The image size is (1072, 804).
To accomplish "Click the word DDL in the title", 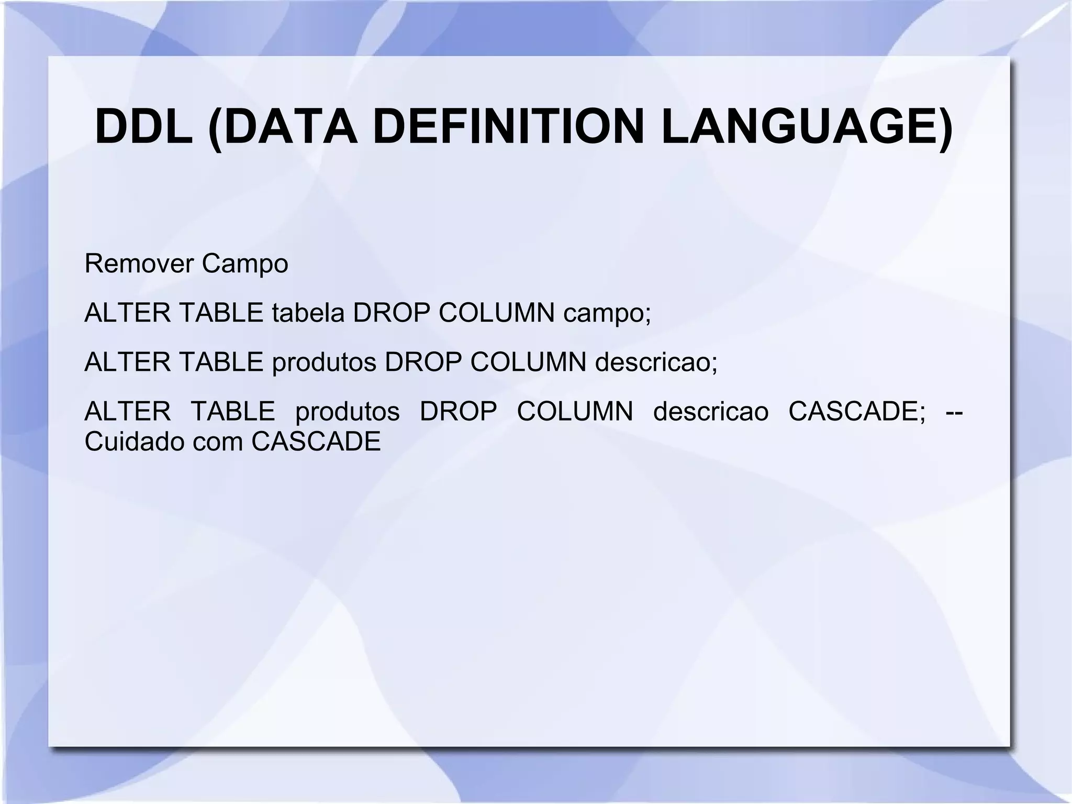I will coord(143,127).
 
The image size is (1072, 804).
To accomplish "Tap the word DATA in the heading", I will coord(283,127).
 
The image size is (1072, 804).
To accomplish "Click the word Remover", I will coord(139,263).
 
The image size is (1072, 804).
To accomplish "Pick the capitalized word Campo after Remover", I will coord(244,263).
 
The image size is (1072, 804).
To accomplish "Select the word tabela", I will coord(308,313).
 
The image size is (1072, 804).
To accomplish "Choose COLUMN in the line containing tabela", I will coord(496,313).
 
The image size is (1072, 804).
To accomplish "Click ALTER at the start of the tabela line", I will coord(127,313).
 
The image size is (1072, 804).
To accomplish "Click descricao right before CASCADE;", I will coord(711,411).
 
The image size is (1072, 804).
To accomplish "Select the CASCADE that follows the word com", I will coord(316,442).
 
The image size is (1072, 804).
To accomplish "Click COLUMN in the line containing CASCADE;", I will coord(575,411).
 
